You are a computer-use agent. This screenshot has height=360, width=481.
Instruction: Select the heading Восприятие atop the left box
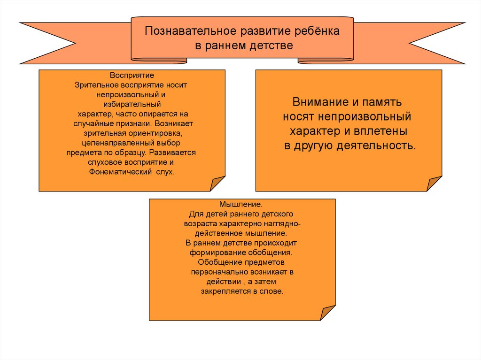pos(132,76)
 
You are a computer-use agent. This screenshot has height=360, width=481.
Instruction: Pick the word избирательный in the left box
pos(132,104)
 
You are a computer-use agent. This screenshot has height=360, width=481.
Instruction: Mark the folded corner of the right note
pos(434,184)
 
